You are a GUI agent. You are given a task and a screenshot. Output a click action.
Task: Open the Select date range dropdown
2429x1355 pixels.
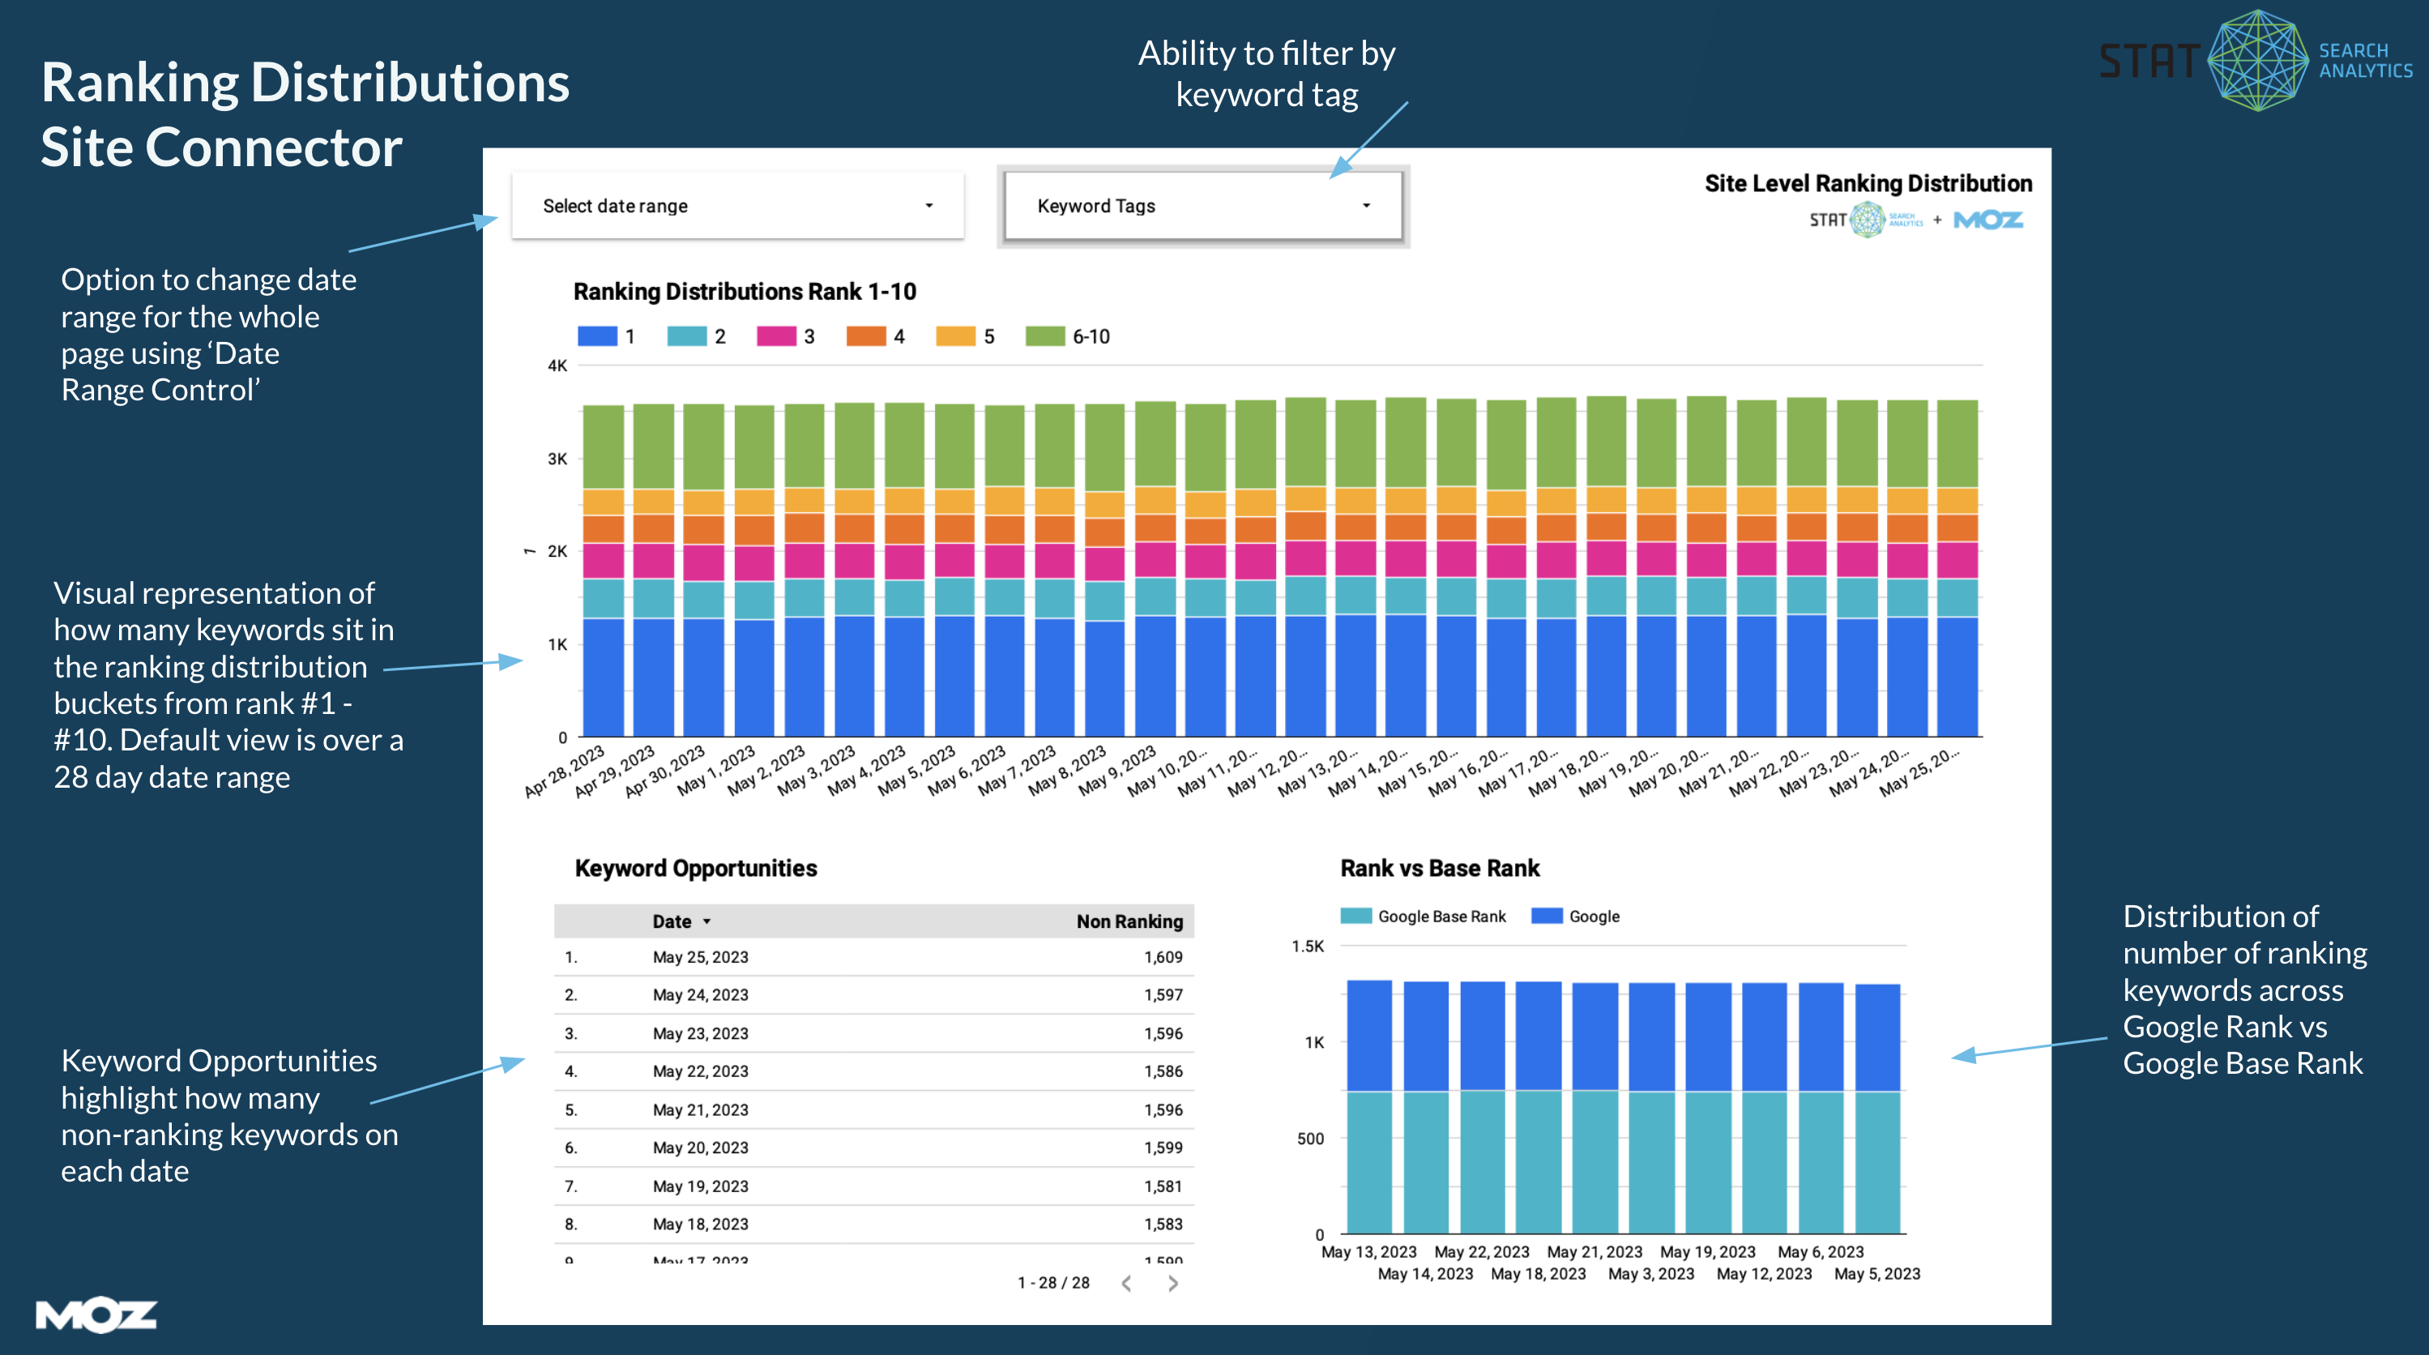coord(737,206)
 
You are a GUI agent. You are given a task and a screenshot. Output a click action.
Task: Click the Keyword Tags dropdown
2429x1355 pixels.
coord(1202,206)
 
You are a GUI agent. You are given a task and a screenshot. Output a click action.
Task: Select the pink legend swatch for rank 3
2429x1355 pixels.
coord(776,336)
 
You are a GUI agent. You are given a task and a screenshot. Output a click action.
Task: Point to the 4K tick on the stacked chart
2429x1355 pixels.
coord(557,365)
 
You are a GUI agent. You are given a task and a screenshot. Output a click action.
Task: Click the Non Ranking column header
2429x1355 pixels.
coord(1129,921)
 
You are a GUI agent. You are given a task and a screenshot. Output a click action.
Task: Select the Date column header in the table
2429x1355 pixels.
coord(672,921)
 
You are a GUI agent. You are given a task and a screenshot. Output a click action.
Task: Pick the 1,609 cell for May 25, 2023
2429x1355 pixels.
coord(1163,957)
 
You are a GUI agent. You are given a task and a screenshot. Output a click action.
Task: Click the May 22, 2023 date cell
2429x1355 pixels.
coord(700,1071)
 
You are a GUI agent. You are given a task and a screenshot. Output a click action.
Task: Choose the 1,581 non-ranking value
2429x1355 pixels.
coord(1163,1186)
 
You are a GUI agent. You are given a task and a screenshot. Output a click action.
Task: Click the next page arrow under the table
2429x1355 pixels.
coord(1172,1284)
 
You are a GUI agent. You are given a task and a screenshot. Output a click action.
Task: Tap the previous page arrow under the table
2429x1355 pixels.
coord(1126,1284)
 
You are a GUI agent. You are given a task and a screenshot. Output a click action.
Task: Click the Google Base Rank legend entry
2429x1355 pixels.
coord(1424,917)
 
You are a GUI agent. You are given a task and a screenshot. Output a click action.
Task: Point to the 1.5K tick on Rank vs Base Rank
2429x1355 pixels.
coord(1308,947)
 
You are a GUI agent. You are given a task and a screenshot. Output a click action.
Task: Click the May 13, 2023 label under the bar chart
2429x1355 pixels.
coord(1368,1252)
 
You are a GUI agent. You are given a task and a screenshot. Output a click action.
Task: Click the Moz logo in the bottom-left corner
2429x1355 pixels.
coord(96,1314)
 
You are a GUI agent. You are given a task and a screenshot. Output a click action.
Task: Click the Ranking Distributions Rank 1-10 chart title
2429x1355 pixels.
coord(744,292)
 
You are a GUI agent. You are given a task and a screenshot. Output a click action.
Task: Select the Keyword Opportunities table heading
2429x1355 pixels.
coord(696,869)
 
